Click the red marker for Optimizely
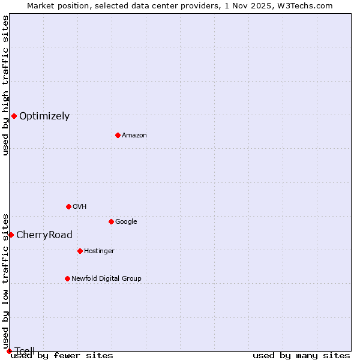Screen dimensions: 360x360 click(x=14, y=116)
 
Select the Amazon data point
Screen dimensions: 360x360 click(x=118, y=135)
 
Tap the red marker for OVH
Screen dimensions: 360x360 click(x=68, y=206)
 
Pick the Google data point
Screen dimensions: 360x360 click(x=111, y=221)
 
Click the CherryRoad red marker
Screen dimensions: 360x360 click(x=11, y=235)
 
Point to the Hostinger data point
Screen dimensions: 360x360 click(x=80, y=251)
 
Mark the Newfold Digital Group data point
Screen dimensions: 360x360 click(x=67, y=278)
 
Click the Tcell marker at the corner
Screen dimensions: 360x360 click(x=9, y=351)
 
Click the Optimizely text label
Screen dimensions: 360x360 click(x=44, y=116)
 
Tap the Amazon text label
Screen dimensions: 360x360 click(x=134, y=136)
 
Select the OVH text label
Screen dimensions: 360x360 click(x=80, y=207)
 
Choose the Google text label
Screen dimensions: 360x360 click(x=126, y=222)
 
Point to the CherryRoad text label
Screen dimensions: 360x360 click(x=44, y=235)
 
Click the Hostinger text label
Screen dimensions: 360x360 click(x=99, y=251)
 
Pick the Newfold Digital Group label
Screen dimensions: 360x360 click(x=106, y=279)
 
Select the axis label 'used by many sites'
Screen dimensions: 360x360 click(x=301, y=356)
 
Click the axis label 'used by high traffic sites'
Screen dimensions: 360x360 click(x=6, y=85)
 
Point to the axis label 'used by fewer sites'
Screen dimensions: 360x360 click(x=62, y=356)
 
